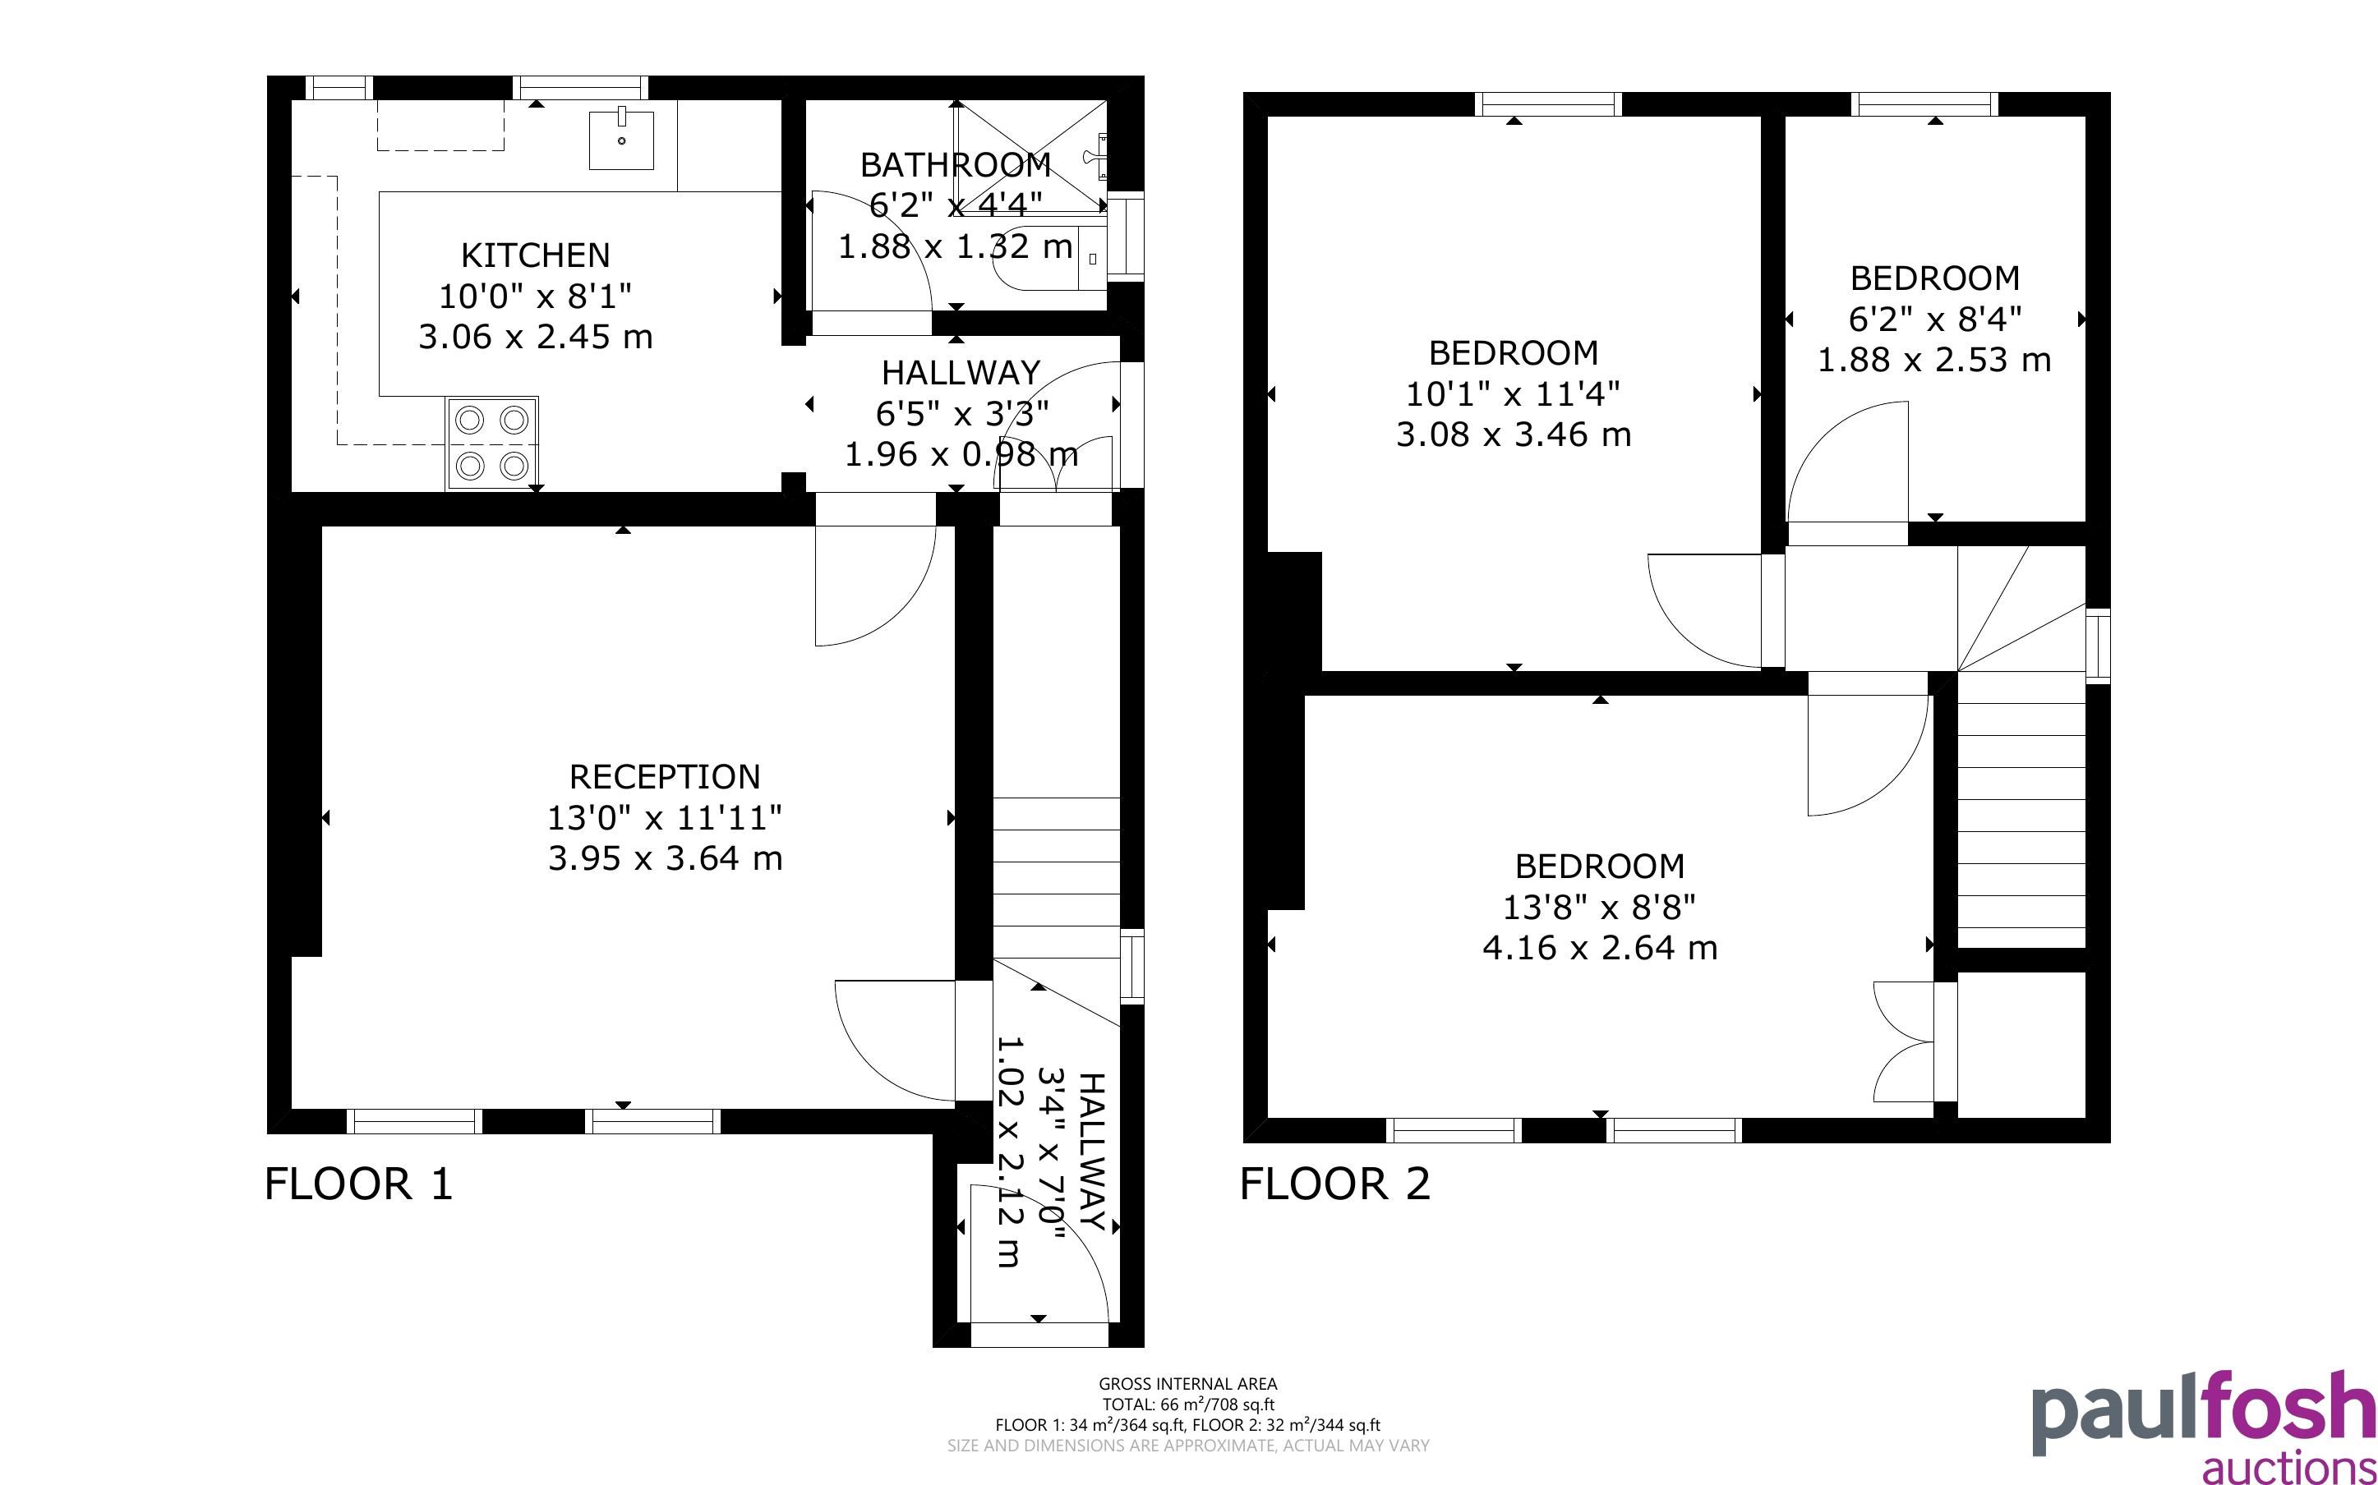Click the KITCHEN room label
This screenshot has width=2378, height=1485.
click(535, 255)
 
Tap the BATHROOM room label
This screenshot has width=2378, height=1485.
click(956, 165)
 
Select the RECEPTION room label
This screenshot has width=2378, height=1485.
click(665, 777)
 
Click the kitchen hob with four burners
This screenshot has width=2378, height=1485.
click(492, 443)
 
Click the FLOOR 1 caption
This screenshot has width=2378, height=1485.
click(358, 1184)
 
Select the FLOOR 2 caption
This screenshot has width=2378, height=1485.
click(1335, 1184)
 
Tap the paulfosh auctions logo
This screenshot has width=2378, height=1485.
click(2203, 1426)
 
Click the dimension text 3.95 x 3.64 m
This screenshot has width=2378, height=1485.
click(665, 858)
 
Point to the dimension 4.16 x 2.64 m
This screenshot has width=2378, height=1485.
click(1600, 948)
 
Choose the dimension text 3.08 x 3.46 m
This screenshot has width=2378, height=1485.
click(1514, 434)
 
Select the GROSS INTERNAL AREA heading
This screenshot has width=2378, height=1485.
click(1187, 1384)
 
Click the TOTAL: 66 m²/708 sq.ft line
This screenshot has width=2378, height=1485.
click(1187, 1405)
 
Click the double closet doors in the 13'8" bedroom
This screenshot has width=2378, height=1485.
click(1904, 1041)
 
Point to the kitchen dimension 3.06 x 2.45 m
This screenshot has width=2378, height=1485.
click(535, 337)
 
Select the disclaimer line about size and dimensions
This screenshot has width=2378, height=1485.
click(1187, 1445)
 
